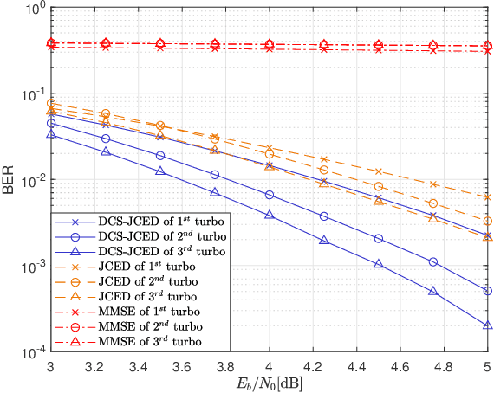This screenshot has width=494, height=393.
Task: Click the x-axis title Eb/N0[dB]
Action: point(269,382)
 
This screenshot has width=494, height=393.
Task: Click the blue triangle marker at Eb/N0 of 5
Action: point(488,325)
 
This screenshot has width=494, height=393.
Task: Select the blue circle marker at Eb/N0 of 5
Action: point(488,291)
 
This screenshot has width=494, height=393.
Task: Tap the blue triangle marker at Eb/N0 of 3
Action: point(51,134)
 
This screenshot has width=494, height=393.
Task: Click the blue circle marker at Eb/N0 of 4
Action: point(270,195)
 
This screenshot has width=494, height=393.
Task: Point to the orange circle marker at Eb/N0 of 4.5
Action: point(379,186)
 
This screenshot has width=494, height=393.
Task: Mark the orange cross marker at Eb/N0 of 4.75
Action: point(433,184)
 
